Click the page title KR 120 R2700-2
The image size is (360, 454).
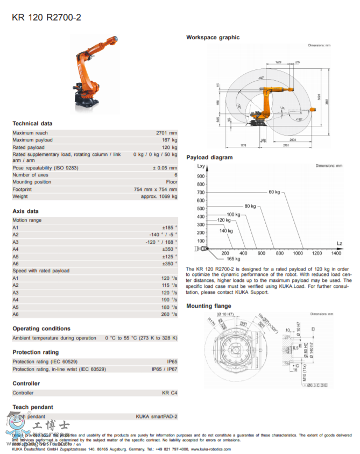[46, 17]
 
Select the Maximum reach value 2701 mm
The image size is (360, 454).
[166, 133]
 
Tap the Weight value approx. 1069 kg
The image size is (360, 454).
[159, 197]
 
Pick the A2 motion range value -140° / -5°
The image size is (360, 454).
[163, 235]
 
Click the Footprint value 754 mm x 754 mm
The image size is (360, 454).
[155, 189]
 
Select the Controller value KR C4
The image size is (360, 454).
[170, 393]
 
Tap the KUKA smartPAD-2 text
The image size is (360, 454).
[156, 416]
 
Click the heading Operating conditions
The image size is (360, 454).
[41, 328]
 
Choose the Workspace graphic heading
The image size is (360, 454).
[213, 38]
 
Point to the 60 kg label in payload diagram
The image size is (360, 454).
[274, 192]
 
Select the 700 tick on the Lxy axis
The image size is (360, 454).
[201, 192]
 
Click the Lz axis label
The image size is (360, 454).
[339, 243]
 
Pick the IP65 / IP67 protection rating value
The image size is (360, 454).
[165, 369]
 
